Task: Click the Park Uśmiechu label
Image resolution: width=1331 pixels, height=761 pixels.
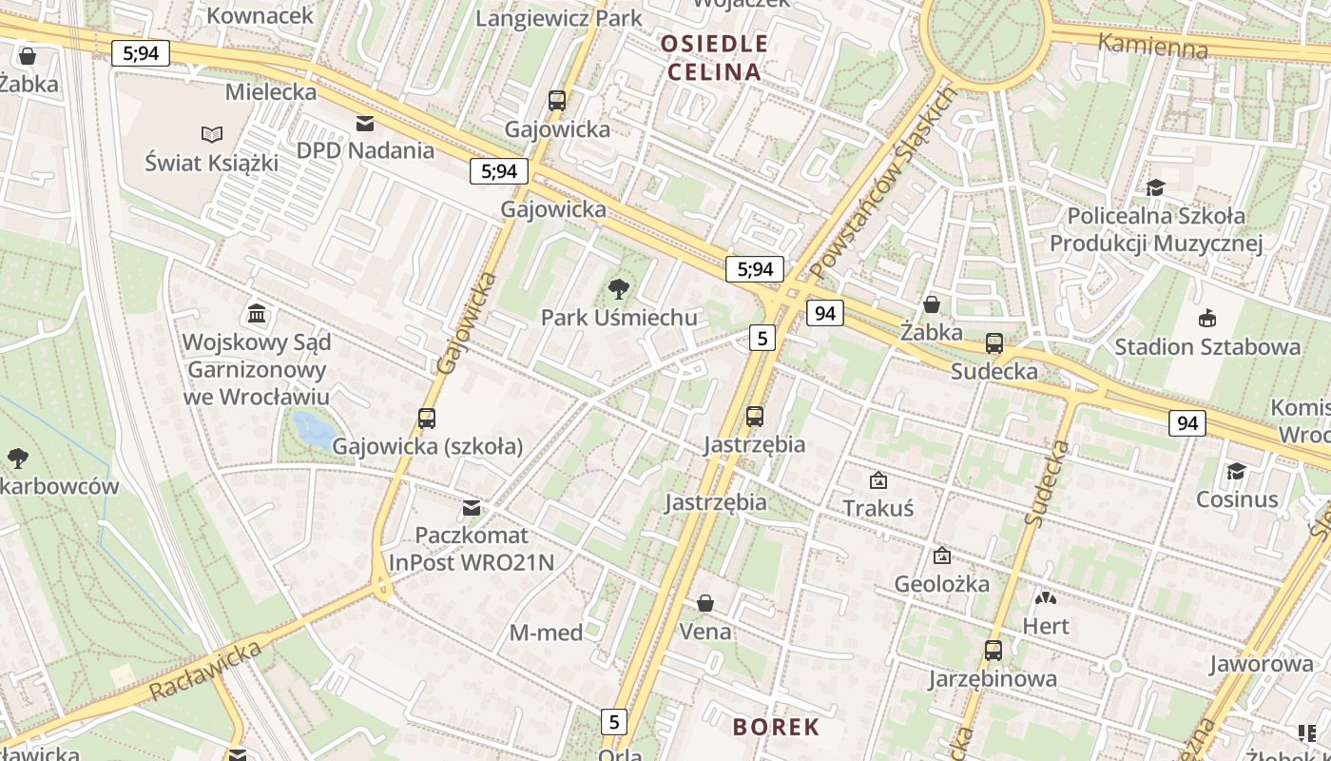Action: click(x=619, y=318)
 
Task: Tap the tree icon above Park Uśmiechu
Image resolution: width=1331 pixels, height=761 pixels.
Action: click(x=619, y=288)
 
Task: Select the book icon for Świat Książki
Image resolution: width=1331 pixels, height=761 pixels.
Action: click(x=212, y=135)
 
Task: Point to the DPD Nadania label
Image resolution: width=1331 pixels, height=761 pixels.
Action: click(x=365, y=150)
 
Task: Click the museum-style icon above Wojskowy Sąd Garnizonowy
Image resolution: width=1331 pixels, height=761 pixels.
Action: click(x=256, y=313)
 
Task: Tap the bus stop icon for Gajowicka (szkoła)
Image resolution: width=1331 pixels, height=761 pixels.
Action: click(x=427, y=418)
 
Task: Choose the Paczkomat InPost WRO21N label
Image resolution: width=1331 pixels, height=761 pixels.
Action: click(x=471, y=548)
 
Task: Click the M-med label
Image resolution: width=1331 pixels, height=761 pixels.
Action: click(x=546, y=633)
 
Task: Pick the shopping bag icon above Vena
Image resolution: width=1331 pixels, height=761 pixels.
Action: click(x=705, y=603)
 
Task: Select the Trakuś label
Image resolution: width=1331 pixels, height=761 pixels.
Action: click(x=878, y=508)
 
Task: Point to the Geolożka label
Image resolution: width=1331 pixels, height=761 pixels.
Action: click(x=941, y=583)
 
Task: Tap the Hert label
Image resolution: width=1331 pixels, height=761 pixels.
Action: click(x=1046, y=626)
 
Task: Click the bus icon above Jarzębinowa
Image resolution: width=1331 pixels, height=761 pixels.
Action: click(x=993, y=651)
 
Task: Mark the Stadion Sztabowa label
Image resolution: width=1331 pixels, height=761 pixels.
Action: click(x=1207, y=346)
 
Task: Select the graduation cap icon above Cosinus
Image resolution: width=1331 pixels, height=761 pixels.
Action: click(x=1236, y=471)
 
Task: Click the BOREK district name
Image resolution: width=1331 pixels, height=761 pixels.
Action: click(x=776, y=728)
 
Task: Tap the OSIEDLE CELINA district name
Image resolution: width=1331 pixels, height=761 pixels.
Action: click(x=714, y=57)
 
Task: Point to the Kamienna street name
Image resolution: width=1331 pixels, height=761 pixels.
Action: click(x=1152, y=45)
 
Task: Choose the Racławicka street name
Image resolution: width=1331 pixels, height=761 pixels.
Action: click(x=206, y=672)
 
